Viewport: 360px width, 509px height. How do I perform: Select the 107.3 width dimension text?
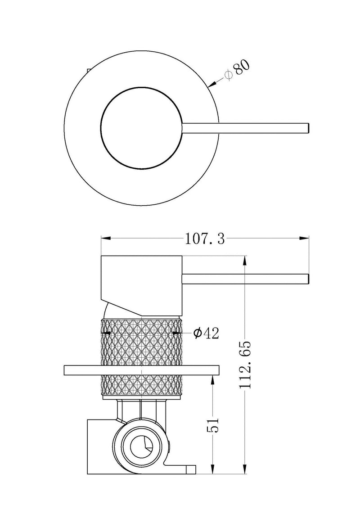[x=205, y=239]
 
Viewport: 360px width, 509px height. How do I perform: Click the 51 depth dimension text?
[x=214, y=424]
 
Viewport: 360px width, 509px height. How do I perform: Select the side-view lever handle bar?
[x=245, y=279]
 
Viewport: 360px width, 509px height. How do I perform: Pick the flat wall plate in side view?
[x=142, y=370]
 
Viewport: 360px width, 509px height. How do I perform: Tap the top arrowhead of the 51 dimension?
[x=214, y=380]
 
